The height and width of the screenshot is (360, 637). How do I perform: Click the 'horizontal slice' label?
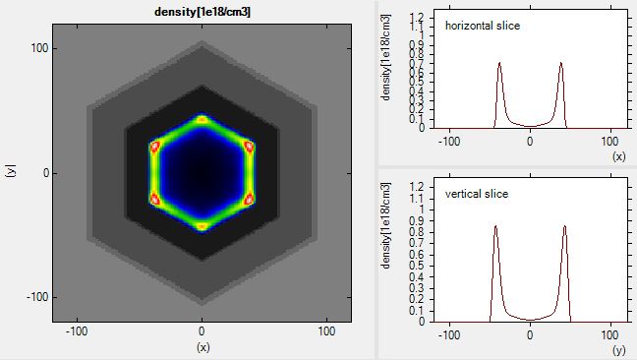point(483,26)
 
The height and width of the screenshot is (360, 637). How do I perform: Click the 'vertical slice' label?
point(477,194)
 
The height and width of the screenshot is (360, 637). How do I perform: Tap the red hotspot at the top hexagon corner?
point(202,120)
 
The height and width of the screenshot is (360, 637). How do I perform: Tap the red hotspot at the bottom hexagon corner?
point(202,225)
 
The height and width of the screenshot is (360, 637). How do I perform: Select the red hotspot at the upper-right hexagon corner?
point(249,147)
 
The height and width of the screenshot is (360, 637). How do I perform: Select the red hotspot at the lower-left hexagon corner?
point(154,199)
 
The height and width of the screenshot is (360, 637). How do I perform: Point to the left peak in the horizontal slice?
point(499,65)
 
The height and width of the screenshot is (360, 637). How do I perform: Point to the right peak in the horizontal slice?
point(561,65)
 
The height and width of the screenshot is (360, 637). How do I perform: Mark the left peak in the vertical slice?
point(495,227)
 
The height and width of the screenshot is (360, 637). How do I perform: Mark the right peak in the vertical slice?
point(565,227)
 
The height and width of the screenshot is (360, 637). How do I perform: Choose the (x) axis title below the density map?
point(202,347)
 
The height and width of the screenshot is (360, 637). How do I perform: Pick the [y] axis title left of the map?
point(11,172)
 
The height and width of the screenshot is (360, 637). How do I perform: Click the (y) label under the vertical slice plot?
point(618,348)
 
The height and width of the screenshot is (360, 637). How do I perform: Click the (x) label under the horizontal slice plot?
point(618,155)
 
